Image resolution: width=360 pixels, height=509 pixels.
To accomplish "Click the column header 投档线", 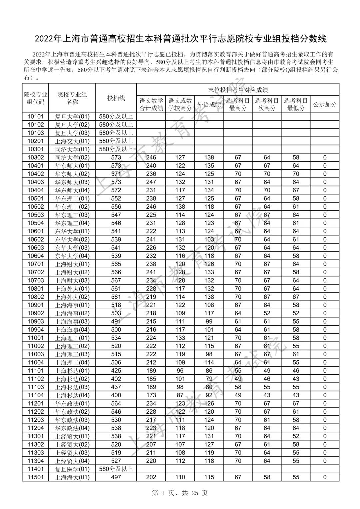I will pos(116,98).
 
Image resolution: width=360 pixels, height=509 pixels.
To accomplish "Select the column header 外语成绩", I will pos(209,104).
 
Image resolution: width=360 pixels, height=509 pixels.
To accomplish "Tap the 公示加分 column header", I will pos(324,104).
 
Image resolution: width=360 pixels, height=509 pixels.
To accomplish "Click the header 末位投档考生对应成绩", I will pos(238,90).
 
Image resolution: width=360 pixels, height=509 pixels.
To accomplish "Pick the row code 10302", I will pos(35,157).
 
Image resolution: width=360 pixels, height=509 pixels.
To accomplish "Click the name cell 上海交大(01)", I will pos(72,141).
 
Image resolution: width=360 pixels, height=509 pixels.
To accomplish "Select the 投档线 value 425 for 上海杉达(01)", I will pos(116,371).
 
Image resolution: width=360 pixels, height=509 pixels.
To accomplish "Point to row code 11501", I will pos(35,477).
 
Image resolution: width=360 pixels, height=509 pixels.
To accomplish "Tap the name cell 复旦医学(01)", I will pos(72,469).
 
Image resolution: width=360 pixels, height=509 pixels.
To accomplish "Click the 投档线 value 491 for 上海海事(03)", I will pos(116,321).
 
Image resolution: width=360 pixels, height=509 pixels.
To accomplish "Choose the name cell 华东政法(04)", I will pos(72,428).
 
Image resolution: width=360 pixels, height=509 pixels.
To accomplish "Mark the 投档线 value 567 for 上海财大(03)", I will pos(116,280).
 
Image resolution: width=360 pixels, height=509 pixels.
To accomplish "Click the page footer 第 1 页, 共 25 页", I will pos(180,493).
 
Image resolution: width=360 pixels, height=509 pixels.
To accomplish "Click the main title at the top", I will pos(180,39).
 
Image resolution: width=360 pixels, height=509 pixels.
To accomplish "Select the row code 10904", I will pos(35,330).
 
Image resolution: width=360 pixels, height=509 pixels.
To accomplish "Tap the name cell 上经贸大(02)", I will pos(72,444).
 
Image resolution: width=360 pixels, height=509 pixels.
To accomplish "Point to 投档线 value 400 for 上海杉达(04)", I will pos(116,395).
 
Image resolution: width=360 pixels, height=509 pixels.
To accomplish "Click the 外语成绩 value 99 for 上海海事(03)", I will pos(209,321).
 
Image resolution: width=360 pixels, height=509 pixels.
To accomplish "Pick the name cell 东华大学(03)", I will pos(72,248).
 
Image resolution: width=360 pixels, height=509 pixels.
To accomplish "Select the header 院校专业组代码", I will pos(35,98).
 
